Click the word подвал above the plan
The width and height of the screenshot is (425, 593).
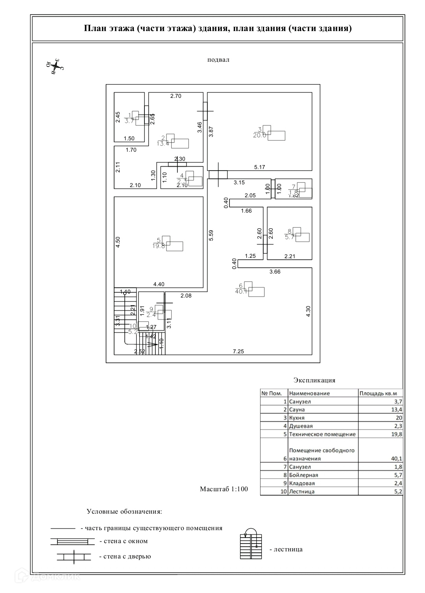coord(218,60)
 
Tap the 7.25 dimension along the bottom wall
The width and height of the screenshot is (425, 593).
coord(238,351)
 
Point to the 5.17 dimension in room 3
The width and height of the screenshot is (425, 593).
coord(259,167)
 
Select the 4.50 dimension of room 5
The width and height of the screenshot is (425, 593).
coord(117,242)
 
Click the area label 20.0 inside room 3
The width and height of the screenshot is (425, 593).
coord(260,135)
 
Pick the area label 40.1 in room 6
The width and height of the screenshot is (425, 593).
coord(240,291)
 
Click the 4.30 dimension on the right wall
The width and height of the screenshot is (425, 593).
coord(309,311)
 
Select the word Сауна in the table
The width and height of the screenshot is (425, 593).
coord(297,410)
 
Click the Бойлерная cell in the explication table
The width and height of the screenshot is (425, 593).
coord(303,475)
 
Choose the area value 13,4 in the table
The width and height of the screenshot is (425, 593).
coord(396,410)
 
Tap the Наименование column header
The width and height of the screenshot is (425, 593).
coord(309,393)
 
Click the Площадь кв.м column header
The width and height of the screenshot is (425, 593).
coord(375,393)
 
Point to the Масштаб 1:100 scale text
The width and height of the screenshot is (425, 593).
coord(224,489)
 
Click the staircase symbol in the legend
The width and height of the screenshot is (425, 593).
coord(251,544)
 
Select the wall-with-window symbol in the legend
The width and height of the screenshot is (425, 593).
coord(72,542)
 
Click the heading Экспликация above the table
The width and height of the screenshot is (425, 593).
coord(314,380)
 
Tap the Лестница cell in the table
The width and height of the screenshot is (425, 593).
coord(302,492)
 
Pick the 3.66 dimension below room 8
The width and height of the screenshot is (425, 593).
coord(275,272)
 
